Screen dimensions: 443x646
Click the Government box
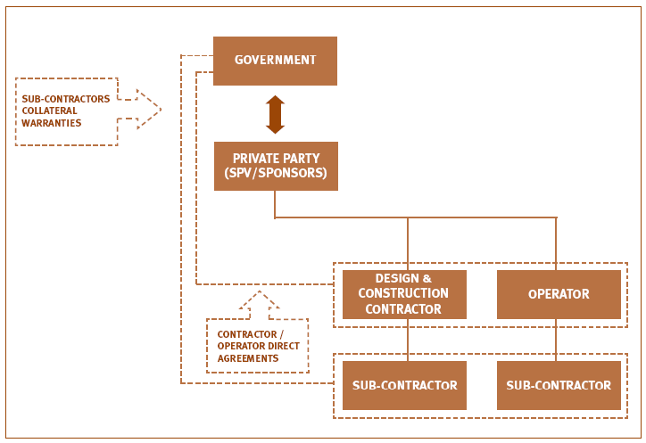point(275,61)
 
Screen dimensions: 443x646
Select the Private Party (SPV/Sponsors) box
point(276,166)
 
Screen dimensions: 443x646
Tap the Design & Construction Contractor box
point(404,294)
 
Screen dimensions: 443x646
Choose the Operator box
point(559,294)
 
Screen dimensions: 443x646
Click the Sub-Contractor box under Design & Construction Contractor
point(404,385)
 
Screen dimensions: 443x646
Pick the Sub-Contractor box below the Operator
point(559,385)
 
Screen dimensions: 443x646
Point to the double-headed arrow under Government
point(275,114)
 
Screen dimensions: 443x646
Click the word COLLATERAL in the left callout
point(49,111)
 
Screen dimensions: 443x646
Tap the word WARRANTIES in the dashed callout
point(52,123)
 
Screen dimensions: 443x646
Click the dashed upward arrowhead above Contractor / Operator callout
point(259,301)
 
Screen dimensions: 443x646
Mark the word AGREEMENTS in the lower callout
point(248,358)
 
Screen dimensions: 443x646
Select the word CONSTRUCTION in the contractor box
point(403,293)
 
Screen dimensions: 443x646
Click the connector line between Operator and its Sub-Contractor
point(556,340)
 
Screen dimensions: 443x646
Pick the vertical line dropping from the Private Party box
point(275,204)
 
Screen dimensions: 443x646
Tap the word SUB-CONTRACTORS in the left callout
point(66,99)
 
